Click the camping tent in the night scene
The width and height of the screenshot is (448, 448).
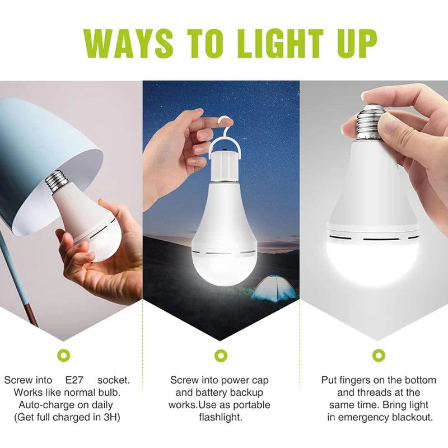pos(275,289)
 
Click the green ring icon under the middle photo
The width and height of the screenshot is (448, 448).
pos(221,355)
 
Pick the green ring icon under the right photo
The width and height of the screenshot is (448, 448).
pos(379,355)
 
